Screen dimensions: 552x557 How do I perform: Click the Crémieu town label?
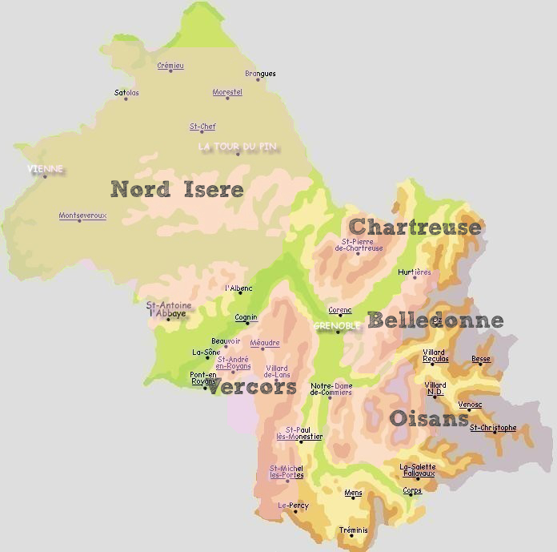pyautogui.click(x=170, y=66)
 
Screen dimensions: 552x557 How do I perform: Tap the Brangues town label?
pyautogui.click(x=260, y=74)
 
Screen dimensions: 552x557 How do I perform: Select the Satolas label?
pyautogui.click(x=126, y=93)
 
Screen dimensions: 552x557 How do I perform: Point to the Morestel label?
pyautogui.click(x=227, y=92)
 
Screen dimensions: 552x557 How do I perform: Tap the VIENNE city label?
pyautogui.click(x=45, y=169)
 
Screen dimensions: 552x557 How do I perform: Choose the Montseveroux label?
pyautogui.click(x=82, y=216)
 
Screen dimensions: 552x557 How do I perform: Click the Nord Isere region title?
pyautogui.click(x=177, y=189)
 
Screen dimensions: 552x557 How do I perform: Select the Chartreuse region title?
pyautogui.click(x=415, y=227)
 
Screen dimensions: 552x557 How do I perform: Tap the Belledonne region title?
pyautogui.click(x=435, y=321)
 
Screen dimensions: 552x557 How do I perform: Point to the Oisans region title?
pyautogui.click(x=429, y=418)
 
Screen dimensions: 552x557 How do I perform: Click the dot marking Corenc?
pyautogui.click(x=340, y=316)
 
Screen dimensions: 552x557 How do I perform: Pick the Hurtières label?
pyautogui.click(x=415, y=272)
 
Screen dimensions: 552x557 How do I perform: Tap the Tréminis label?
pyautogui.click(x=353, y=530)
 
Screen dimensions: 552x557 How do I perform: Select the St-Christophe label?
pyautogui.click(x=493, y=428)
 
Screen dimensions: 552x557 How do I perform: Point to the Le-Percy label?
pyautogui.click(x=293, y=506)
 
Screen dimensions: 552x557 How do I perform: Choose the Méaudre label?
pyautogui.click(x=265, y=343)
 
